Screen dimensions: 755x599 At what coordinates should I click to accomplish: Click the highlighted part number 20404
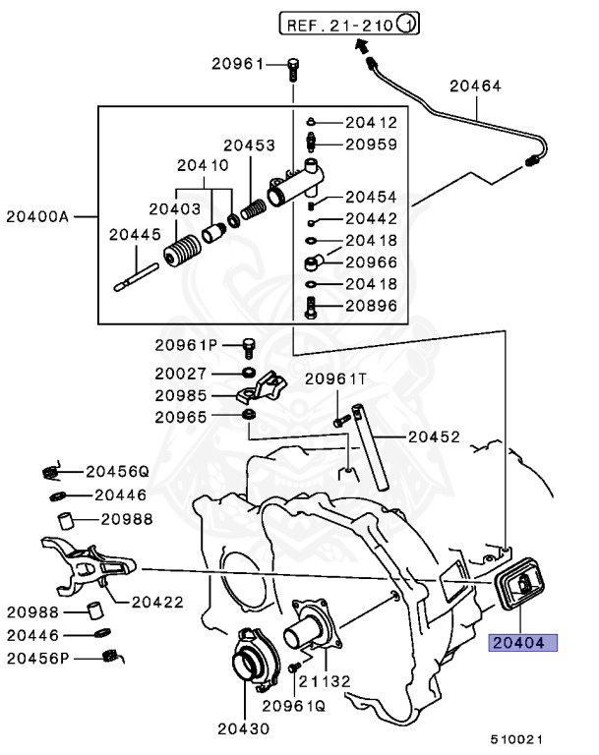coord(523,644)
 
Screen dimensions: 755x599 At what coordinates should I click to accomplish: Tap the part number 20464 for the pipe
coord(475,87)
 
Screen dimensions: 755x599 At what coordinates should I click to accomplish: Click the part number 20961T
coord(334,378)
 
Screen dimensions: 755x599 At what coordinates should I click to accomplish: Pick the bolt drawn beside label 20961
coord(293,69)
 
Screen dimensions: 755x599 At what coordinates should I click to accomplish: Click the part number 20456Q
coord(116,471)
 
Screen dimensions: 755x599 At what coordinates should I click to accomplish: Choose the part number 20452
coord(434,436)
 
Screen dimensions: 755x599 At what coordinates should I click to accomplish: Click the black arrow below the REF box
coord(362,45)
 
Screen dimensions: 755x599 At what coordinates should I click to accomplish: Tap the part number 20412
coord(371,123)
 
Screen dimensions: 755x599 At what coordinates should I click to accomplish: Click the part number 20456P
coord(37,657)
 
